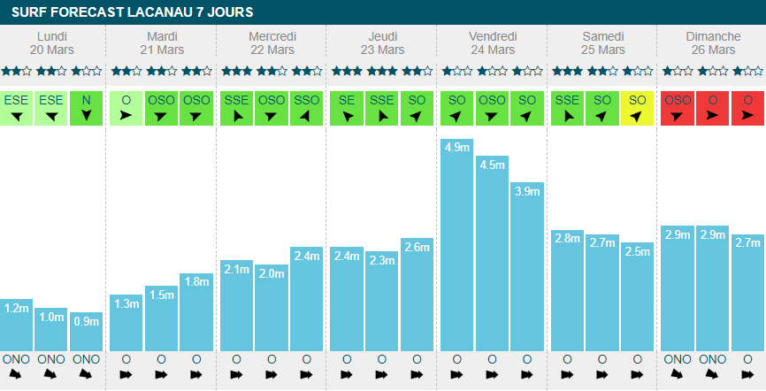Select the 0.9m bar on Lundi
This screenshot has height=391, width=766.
[x=86, y=332]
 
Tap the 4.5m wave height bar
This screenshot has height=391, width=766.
[x=493, y=253]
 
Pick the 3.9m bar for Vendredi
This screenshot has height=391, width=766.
[x=527, y=266]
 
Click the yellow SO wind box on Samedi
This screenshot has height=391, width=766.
[x=638, y=108]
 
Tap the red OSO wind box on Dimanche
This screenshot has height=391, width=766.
[x=678, y=108]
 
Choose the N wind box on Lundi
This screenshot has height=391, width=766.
[x=86, y=108]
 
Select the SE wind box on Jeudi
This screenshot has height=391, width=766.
[x=347, y=108]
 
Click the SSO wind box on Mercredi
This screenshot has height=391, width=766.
[x=306, y=108]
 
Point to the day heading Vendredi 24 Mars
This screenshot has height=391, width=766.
[x=493, y=42]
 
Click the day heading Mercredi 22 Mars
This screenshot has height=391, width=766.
[x=272, y=42]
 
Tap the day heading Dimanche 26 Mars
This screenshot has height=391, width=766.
[x=713, y=42]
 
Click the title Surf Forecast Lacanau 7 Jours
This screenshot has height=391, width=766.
[x=132, y=12]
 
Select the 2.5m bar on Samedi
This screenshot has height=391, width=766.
[x=638, y=296]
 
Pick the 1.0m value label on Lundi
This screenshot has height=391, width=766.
[x=51, y=317]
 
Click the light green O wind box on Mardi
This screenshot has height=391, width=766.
[x=126, y=108]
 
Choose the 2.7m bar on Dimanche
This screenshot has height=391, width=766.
[x=748, y=293]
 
